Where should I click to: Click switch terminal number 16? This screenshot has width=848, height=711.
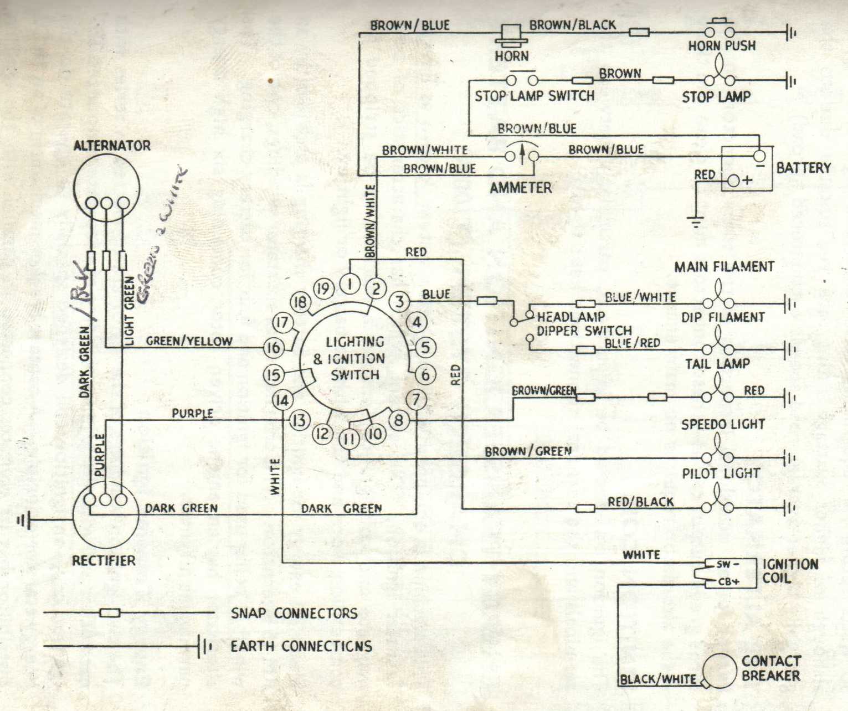coord(273,348)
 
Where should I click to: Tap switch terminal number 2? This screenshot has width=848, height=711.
coord(376,288)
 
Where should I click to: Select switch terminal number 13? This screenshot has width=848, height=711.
coord(299,421)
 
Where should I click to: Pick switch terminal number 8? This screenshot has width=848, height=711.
coord(398,420)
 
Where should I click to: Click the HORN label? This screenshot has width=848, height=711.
coord(512,56)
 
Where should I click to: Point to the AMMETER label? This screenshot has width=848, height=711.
coord(521,188)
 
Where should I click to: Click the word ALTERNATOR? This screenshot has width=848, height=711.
coord(112,146)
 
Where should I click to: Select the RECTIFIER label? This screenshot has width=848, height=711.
coord(104,560)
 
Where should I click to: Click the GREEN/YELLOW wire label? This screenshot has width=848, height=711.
coord(189,341)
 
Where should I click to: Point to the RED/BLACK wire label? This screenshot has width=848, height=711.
coord(640,502)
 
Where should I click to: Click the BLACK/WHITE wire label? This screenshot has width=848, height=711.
coord(658,679)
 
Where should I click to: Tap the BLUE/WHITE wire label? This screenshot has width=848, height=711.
coord(640,297)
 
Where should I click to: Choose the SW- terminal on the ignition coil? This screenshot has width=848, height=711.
coord(727,565)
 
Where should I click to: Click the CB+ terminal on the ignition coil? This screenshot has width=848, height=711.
coord(728,581)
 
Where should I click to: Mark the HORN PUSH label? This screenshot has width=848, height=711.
coord(722,45)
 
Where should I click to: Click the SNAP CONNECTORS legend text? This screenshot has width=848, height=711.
coord(294,613)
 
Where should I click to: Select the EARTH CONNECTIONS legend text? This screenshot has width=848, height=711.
coord(301,646)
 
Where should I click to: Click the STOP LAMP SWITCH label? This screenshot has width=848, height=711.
coord(535,96)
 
